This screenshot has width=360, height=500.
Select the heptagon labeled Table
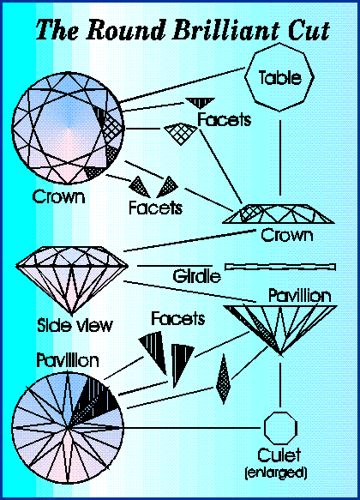(x=279, y=77)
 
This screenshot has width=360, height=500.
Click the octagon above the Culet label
(x=280, y=428)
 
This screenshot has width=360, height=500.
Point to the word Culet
(x=279, y=455)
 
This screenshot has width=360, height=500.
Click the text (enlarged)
(x=276, y=473)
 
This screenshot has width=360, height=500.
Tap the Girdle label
(x=197, y=276)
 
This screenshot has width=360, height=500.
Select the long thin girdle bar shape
(x=280, y=267)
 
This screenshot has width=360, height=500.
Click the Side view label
(x=75, y=325)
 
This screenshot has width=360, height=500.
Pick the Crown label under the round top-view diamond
(x=58, y=196)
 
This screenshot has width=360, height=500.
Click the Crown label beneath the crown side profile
(x=287, y=235)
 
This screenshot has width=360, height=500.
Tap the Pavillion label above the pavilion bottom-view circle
(x=68, y=360)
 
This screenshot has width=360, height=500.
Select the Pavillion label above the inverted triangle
(x=299, y=296)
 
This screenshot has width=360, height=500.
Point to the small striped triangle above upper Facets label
(x=200, y=103)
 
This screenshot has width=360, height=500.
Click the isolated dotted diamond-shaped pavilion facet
(x=224, y=379)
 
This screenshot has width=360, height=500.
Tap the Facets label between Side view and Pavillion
(x=177, y=318)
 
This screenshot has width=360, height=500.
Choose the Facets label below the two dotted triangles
(x=155, y=208)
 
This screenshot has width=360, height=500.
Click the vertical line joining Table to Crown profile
(x=280, y=158)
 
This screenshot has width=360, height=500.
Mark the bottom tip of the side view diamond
(x=72, y=315)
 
